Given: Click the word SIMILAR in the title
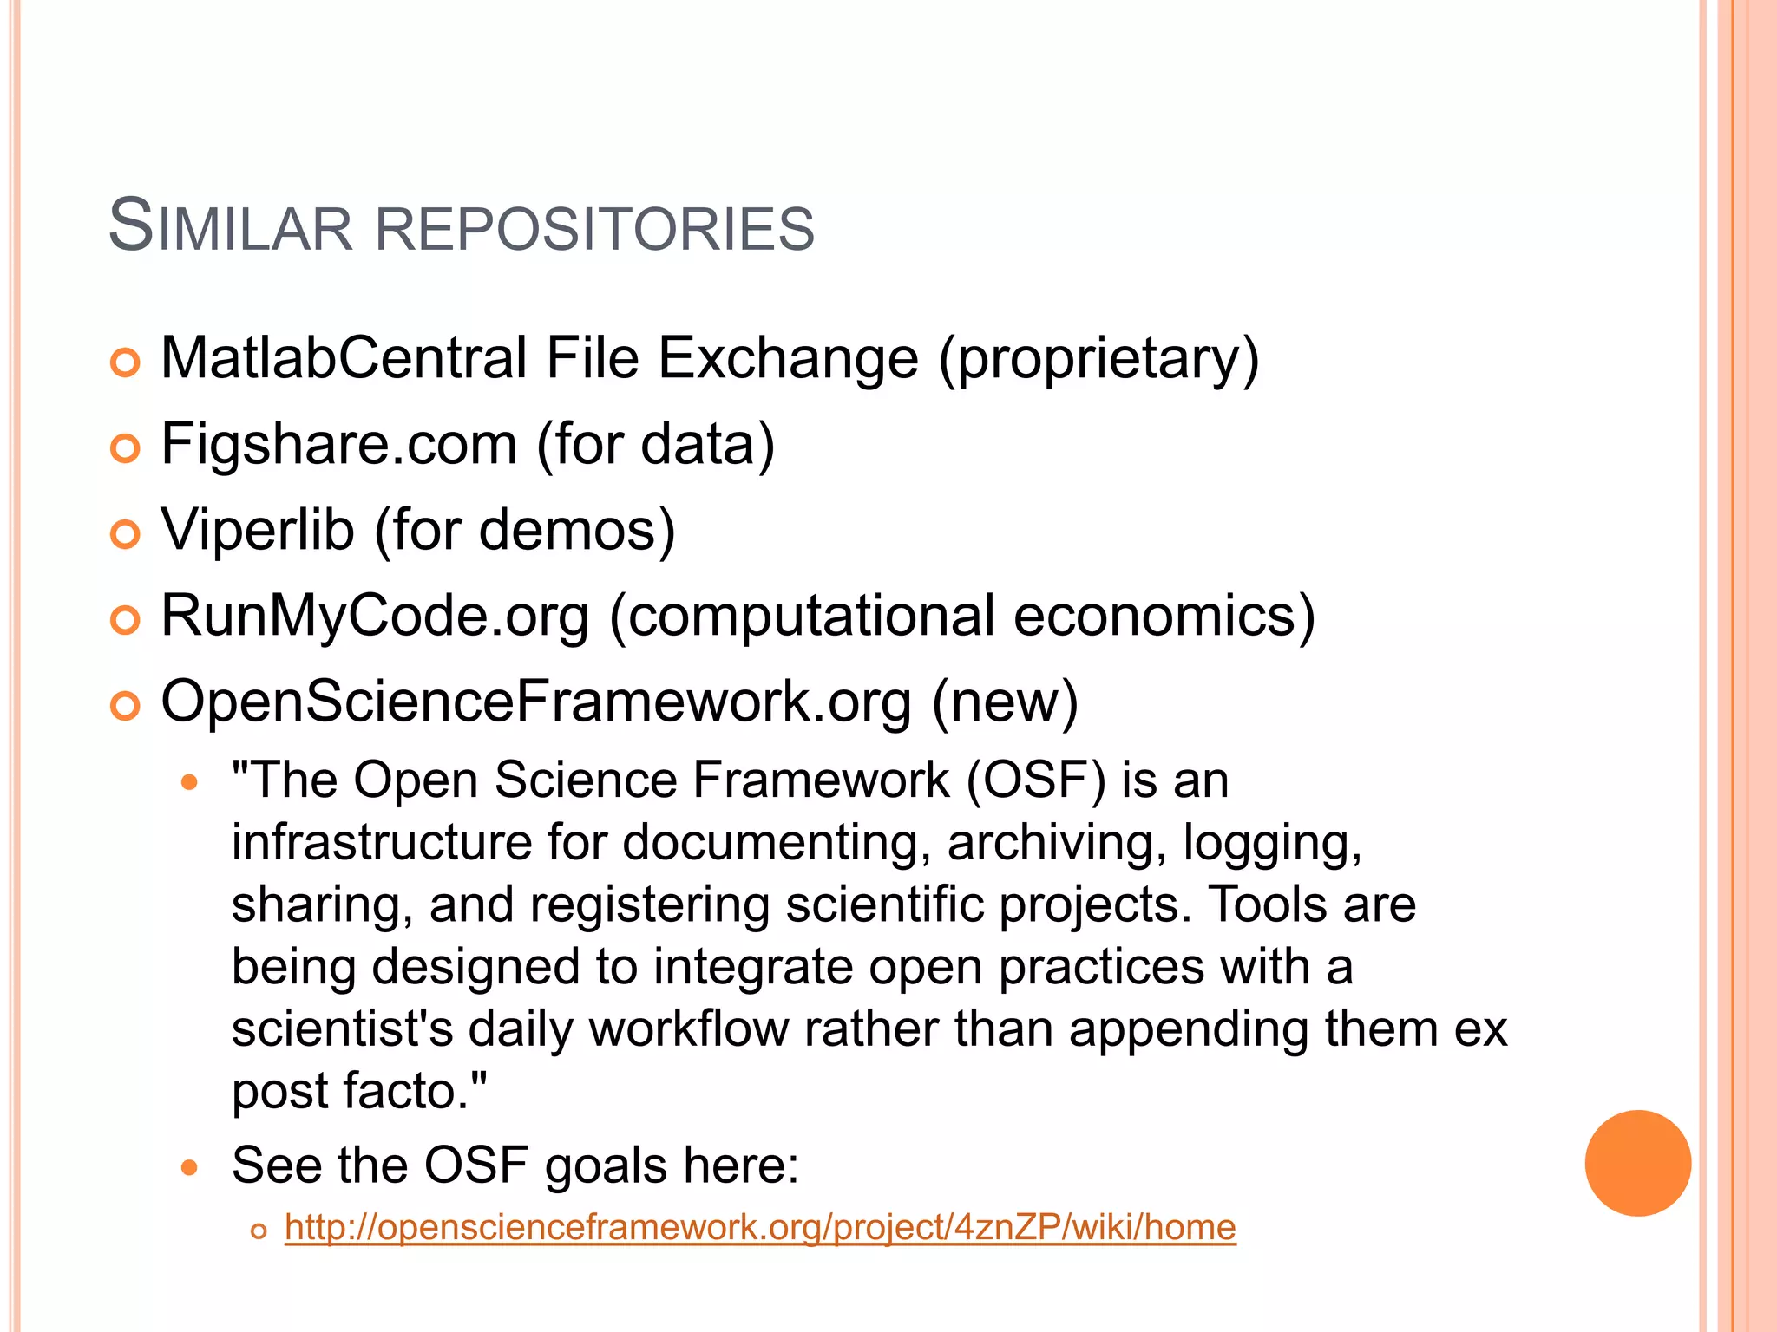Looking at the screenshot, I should coord(230,227).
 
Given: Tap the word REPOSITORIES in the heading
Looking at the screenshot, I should coord(594,229).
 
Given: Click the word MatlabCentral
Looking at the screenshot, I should coord(344,357).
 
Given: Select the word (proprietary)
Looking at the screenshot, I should coord(1098,359).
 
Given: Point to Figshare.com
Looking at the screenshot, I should coord(339,445).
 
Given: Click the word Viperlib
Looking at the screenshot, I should coord(258,529).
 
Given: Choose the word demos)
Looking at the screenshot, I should coord(577,530).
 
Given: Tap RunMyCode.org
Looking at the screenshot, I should coord(375,616).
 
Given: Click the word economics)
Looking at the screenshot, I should coord(1164,616).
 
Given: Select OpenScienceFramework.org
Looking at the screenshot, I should coord(536,701).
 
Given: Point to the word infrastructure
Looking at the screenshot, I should coord(381,842).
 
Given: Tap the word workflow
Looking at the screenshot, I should coord(689,1029).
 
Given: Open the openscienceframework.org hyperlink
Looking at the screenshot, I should coord(760,1228).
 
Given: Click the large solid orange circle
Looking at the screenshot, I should coord(1637,1163).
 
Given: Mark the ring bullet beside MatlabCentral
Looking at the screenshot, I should coord(126,362).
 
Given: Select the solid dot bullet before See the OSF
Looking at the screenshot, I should coord(189,1168).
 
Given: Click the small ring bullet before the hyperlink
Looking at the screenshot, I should coord(258,1231).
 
